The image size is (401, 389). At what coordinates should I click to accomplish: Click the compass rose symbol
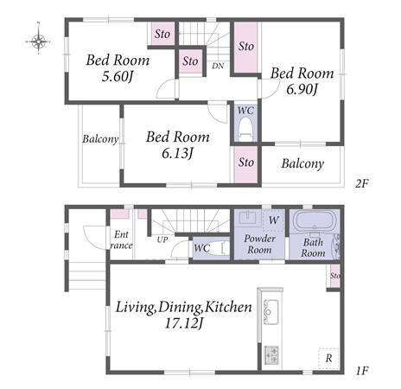[38, 41]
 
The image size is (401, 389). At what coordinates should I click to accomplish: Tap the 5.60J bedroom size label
[118, 77]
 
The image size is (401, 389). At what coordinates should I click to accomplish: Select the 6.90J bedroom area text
[302, 89]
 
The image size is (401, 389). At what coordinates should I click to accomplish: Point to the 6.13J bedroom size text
[177, 153]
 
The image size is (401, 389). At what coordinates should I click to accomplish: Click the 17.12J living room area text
[184, 323]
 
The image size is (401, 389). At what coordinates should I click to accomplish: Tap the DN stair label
[218, 66]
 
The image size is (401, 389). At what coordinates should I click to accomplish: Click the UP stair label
[162, 239]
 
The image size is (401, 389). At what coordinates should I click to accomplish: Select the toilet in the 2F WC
[245, 128]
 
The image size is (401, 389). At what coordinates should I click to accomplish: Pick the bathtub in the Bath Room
[314, 221]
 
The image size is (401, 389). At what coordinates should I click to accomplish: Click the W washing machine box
[273, 220]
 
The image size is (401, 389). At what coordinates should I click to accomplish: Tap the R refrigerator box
[328, 358]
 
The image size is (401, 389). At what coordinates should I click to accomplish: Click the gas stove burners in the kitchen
[271, 354]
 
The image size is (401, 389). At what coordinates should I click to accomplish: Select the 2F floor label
[361, 183]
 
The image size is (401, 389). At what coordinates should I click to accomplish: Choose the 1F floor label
[362, 371]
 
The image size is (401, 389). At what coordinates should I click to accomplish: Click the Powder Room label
[259, 244]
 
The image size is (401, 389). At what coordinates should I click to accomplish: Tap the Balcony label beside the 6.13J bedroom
[100, 139]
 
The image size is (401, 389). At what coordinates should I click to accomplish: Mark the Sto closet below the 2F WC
[245, 164]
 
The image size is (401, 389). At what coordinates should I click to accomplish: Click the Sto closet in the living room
[334, 276]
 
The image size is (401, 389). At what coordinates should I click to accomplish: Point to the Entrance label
[121, 240]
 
